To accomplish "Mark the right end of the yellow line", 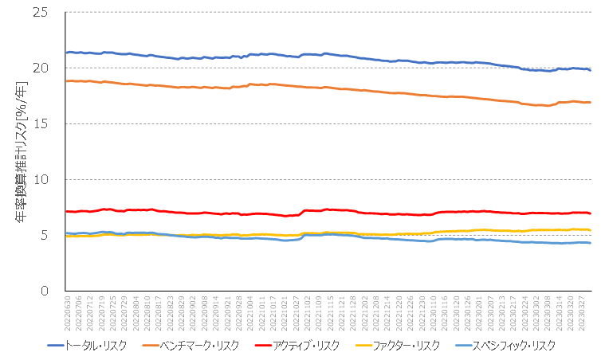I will (590, 229).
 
